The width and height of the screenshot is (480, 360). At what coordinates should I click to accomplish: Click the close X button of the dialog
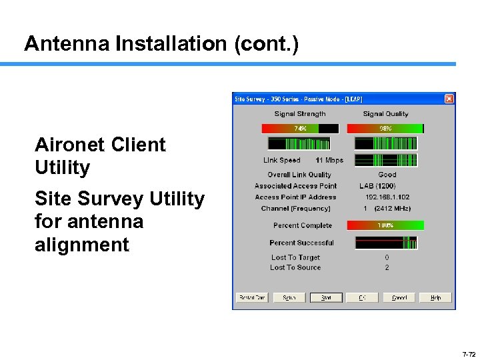(x=449, y=99)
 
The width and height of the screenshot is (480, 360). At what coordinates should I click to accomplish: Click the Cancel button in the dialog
(x=399, y=297)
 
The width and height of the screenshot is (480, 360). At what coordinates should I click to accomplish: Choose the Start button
(x=326, y=297)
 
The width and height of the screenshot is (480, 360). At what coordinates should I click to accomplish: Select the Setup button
(x=289, y=297)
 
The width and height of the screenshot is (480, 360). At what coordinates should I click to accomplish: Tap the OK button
(x=363, y=297)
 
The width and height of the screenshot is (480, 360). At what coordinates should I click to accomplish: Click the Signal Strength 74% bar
(x=300, y=129)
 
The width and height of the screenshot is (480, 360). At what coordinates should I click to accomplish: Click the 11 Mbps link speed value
(x=329, y=161)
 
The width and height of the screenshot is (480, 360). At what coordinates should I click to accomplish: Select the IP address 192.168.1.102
(x=387, y=197)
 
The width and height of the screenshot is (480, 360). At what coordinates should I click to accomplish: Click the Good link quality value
(x=387, y=175)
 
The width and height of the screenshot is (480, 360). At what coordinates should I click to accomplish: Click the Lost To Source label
(x=295, y=267)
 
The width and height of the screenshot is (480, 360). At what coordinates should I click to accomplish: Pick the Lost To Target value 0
(x=387, y=257)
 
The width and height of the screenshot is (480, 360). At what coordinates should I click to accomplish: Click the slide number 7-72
(x=468, y=354)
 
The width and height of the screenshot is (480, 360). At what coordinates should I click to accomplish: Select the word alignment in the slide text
(x=82, y=245)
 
